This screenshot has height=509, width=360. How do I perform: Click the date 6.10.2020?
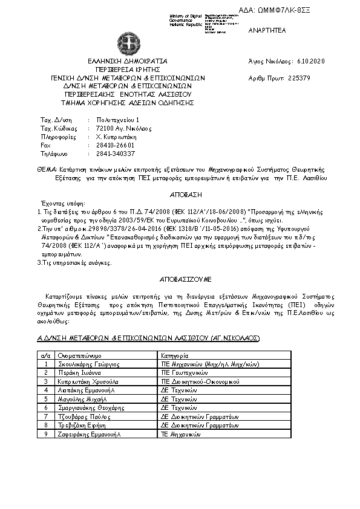click(311, 62)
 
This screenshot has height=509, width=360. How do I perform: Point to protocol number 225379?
click(299, 78)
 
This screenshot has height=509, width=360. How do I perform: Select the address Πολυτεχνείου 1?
click(117, 120)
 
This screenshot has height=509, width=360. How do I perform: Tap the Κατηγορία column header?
click(175, 356)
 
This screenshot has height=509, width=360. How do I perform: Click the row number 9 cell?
click(46, 434)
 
